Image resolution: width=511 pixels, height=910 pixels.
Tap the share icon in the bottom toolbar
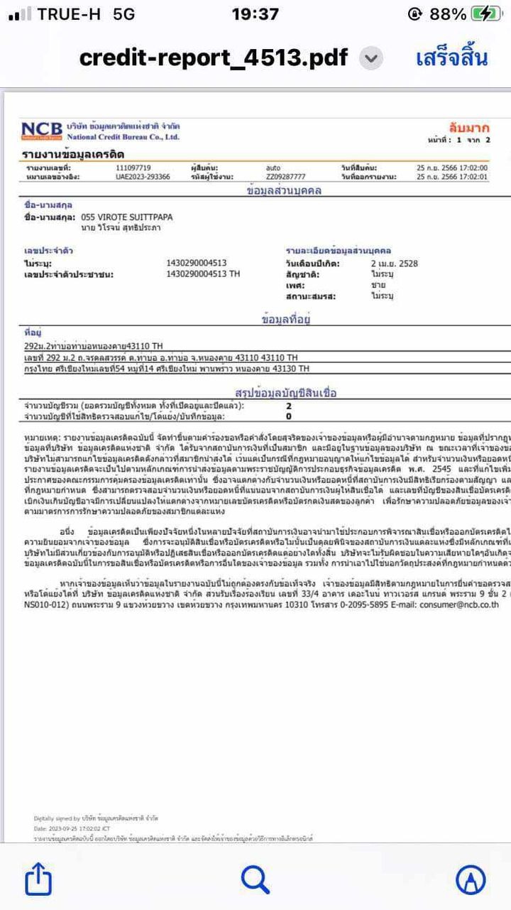click(x=38, y=881)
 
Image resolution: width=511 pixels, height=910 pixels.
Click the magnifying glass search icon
click(x=255, y=881)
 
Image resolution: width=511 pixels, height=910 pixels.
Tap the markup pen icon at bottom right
click(x=471, y=881)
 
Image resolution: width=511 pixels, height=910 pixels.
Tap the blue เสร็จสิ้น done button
click(x=451, y=58)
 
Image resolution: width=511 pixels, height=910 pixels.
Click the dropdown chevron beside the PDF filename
click(x=370, y=58)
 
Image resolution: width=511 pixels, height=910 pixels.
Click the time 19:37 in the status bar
click(x=255, y=13)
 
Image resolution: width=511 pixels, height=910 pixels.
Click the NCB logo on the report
click(x=42, y=131)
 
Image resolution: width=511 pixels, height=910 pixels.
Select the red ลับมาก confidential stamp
click(x=468, y=128)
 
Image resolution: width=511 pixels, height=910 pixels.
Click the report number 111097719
click(x=133, y=168)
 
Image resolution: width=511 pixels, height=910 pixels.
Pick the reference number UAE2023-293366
click(x=143, y=177)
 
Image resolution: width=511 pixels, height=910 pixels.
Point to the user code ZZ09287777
click(x=286, y=177)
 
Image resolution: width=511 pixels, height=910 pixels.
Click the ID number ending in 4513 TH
click(x=203, y=273)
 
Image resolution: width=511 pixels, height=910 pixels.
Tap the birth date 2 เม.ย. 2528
click(x=394, y=264)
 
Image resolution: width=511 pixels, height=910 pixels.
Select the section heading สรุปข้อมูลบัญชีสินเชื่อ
click(x=285, y=392)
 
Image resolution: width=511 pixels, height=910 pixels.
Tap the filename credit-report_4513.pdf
click(x=214, y=58)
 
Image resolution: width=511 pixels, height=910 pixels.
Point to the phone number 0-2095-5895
click(x=355, y=606)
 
